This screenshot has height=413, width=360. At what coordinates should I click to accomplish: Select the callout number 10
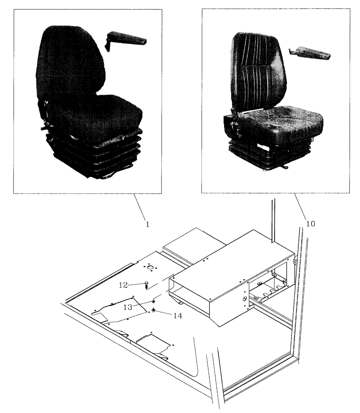tap(310, 223)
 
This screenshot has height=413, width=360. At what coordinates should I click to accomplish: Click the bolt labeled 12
tap(147, 285)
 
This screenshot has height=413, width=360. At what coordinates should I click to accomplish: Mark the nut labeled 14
tap(154, 310)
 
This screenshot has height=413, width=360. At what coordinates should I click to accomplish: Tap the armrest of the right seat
tap(312, 53)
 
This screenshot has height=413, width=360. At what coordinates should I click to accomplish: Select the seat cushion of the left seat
tap(99, 114)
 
